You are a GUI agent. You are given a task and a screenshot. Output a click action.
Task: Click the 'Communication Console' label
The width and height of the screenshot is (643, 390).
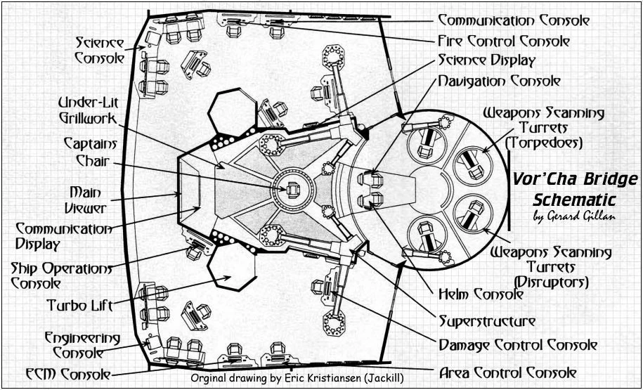point(514,20)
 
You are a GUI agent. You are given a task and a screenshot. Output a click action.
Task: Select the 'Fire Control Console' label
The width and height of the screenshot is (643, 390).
point(503,41)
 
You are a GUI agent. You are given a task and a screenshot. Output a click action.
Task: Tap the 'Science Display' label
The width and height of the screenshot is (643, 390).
point(487,61)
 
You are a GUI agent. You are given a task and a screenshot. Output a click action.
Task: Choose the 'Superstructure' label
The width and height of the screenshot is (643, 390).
point(488,321)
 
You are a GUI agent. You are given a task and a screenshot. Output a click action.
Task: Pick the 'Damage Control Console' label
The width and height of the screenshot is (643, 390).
point(518,345)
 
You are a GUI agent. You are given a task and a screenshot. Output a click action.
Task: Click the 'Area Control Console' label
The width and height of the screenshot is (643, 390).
point(507,372)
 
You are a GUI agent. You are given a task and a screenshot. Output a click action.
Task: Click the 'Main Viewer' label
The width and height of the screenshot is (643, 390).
point(88,200)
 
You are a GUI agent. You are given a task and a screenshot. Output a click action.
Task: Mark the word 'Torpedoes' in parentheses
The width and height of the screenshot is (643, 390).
point(544,143)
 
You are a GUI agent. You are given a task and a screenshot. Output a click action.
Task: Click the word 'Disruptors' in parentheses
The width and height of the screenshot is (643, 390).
point(551,281)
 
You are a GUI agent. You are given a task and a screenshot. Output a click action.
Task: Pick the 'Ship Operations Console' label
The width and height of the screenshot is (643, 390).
point(62,276)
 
